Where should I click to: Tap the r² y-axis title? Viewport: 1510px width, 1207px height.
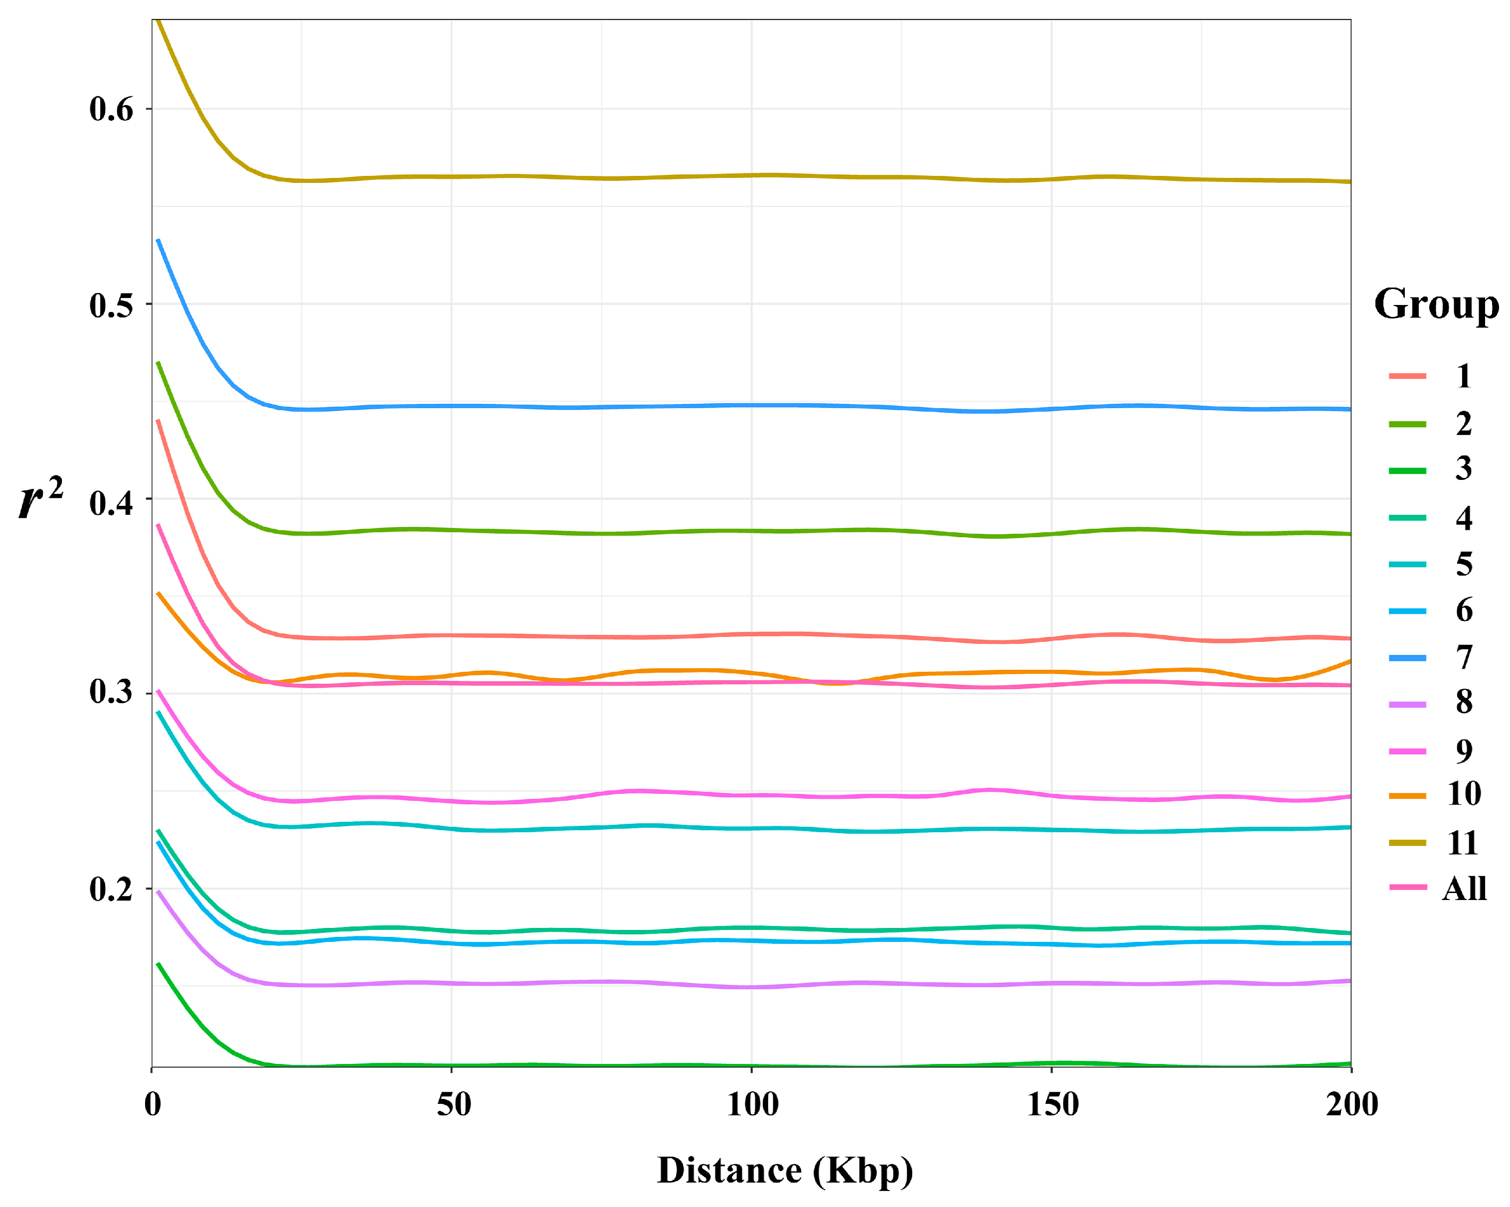[40, 498]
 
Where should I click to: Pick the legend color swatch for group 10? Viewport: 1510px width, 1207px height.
[1407, 796]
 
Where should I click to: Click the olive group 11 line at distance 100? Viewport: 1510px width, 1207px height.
[751, 175]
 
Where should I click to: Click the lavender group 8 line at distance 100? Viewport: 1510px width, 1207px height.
[751, 987]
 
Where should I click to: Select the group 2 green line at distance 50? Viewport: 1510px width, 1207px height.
[452, 530]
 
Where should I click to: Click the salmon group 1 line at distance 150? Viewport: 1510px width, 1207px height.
[1051, 638]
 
